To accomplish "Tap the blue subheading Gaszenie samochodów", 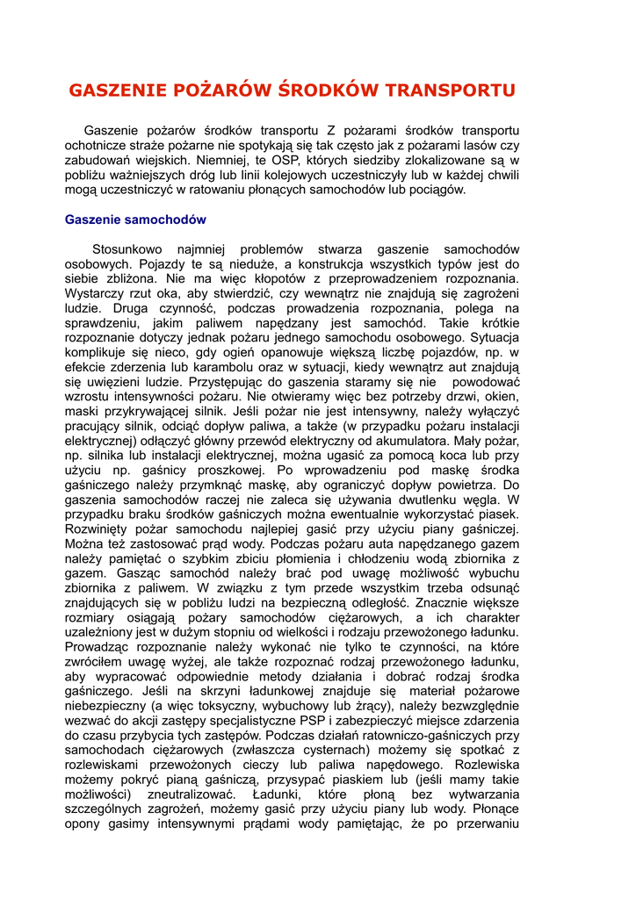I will click(135, 219).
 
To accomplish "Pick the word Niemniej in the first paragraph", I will click(220, 161).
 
